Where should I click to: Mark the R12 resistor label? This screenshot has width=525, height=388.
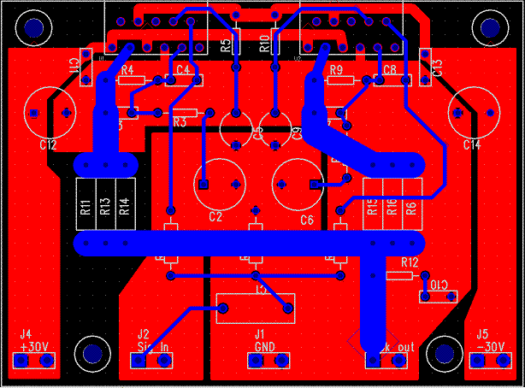tap(410, 262)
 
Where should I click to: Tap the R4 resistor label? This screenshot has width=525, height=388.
tap(127, 70)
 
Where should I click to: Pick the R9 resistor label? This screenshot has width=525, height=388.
tap(336, 70)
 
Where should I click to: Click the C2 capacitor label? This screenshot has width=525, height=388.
tap(215, 217)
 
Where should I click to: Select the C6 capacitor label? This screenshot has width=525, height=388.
tap(308, 219)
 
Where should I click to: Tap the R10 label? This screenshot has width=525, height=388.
tap(265, 44)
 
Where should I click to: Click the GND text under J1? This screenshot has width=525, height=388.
tap(264, 347)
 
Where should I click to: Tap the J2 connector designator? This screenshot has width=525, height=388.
tap(143, 334)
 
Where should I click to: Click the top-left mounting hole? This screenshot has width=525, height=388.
tap(34, 29)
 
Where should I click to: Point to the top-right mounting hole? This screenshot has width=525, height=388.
tap(492, 29)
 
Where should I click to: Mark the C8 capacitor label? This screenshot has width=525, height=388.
tap(390, 69)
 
